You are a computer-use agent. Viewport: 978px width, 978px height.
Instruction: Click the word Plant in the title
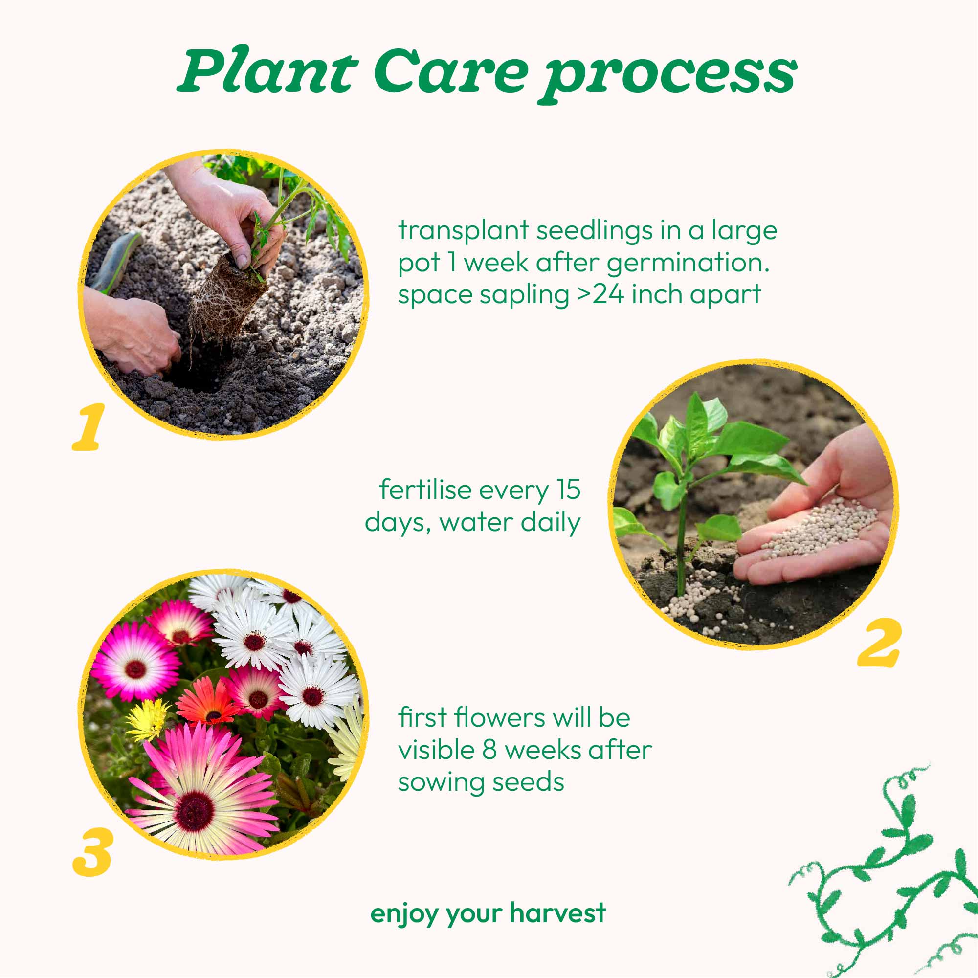[267, 70]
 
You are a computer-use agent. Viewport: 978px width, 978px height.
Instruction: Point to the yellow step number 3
[92, 852]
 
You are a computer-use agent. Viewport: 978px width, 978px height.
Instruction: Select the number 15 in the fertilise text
[569, 489]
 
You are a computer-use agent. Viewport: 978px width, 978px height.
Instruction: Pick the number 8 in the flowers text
[489, 750]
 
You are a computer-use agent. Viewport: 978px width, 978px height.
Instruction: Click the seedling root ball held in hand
[226, 300]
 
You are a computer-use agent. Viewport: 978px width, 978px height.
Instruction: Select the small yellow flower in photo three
[148, 719]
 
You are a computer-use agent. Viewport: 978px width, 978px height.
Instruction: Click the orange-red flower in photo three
[209, 701]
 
